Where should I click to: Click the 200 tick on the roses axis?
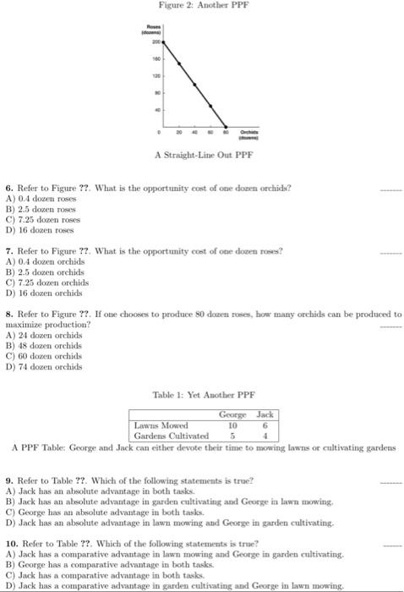(156, 41)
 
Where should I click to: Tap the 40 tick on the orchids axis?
(195, 133)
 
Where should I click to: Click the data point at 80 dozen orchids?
(227, 127)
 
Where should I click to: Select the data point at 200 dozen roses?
(164, 41)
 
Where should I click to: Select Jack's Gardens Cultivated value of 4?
(265, 436)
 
